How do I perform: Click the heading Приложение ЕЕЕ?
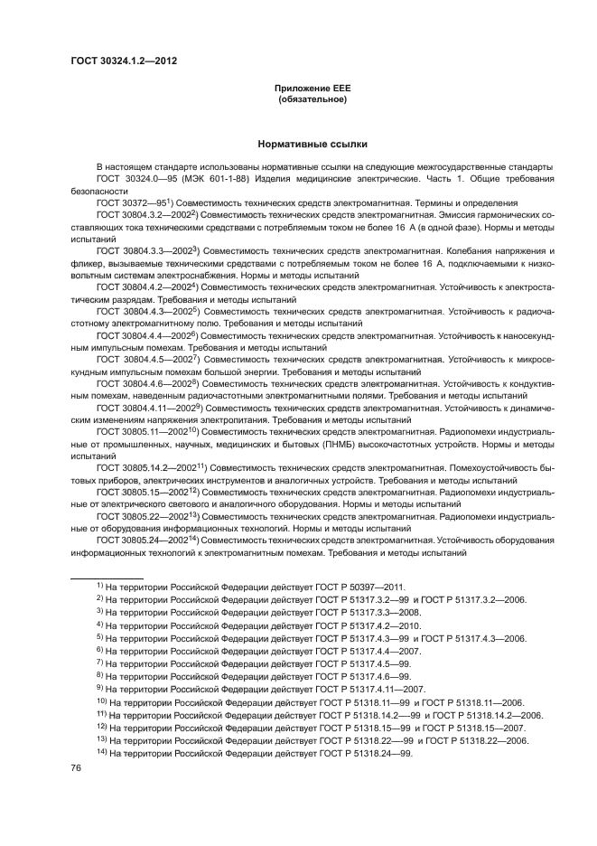[x=312, y=88]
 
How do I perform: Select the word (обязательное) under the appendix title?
[x=312, y=99]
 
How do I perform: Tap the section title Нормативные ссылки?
[x=312, y=144]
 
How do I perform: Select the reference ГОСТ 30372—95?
[x=132, y=203]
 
